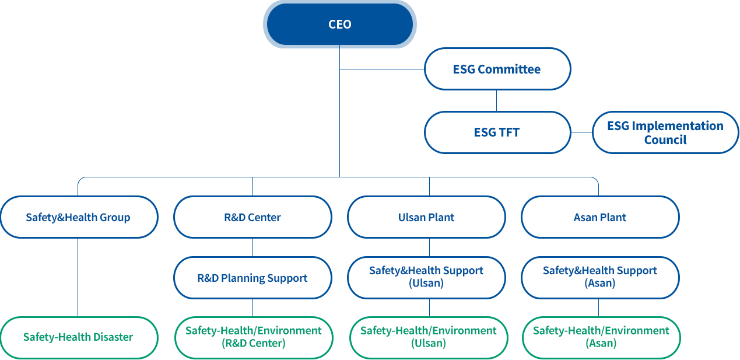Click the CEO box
pos(339,24)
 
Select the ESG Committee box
pos(497,69)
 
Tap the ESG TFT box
pos(497,132)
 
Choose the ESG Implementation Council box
pos(665,132)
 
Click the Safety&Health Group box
pos(79,217)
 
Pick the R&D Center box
pos(252,217)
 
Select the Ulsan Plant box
pos(426,217)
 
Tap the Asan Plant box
pos(600,217)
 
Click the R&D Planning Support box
pos(252,278)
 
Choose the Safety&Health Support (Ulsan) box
pos(426,278)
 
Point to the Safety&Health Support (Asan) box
pos(600,278)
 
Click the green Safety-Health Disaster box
pos(79,337)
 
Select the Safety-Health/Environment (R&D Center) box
pos(254,337)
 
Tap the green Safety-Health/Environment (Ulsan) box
pos(429,337)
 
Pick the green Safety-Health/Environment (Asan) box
pos(601,337)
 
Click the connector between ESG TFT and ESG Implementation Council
pos(582,132)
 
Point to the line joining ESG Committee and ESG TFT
pos(496,100)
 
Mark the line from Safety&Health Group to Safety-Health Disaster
pos(78,277)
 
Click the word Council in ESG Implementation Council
pos(665,140)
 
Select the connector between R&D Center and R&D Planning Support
pos(252,247)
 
